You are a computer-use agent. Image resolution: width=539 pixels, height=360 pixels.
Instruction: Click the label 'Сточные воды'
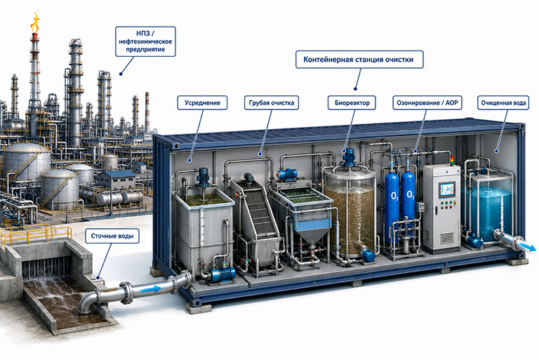click(112, 236)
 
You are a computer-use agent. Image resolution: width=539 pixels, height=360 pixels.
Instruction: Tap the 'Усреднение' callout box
click(202, 103)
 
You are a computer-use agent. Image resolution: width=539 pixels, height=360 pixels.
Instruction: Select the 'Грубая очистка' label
click(272, 103)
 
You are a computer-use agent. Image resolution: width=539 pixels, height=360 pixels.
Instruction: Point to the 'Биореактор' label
click(352, 103)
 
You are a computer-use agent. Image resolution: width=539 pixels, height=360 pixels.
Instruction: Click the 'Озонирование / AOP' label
click(427, 103)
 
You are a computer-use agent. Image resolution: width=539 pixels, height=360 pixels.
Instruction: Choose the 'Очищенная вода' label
click(503, 103)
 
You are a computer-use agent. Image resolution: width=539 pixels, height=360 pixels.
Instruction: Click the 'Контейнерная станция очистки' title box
click(359, 60)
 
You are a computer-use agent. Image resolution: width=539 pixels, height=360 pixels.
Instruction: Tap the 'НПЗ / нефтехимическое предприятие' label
click(145, 41)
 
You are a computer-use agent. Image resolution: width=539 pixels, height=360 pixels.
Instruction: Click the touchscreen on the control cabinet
click(447, 189)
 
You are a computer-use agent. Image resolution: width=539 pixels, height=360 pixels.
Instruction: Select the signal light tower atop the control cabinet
click(452, 160)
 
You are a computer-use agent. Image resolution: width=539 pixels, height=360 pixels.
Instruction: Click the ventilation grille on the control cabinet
click(447, 238)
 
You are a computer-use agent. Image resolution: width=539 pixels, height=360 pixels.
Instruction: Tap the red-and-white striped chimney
click(147, 112)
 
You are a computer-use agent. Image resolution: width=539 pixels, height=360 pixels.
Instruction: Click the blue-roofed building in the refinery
click(117, 179)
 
